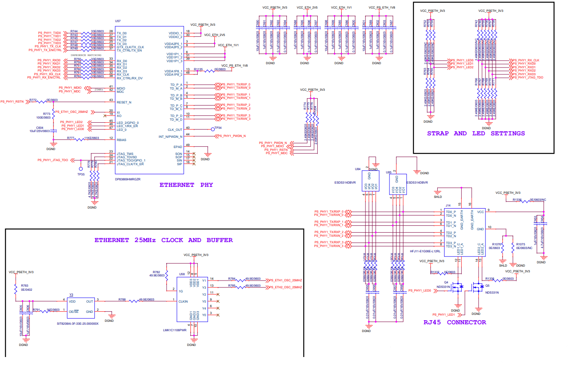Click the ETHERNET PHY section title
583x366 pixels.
[186, 185]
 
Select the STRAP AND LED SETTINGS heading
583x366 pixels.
[476, 133]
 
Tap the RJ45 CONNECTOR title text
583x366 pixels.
[455, 322]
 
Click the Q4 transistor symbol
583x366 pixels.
[458, 288]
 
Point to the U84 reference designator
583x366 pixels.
[358, 168]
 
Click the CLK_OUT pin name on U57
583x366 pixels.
[175, 129]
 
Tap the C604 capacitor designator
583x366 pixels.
[40, 128]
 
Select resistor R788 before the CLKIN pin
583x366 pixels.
[122, 299]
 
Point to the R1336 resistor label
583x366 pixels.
[517, 200]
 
